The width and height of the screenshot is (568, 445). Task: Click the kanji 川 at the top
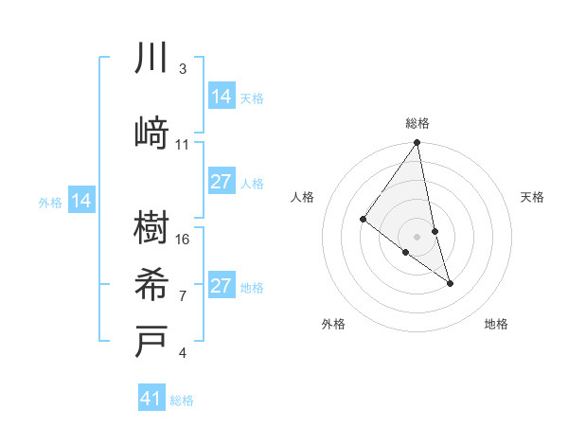(151, 60)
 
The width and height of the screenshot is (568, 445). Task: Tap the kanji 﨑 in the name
(151, 133)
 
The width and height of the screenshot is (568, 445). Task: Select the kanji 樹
(151, 227)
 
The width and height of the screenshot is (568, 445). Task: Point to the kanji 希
(151, 284)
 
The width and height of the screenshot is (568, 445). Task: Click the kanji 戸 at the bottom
(151, 341)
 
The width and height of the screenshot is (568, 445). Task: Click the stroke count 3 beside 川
(182, 69)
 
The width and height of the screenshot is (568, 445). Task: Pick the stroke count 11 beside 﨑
(182, 145)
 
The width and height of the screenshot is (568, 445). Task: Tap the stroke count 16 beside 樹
(183, 239)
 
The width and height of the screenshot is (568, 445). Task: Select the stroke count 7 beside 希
(182, 295)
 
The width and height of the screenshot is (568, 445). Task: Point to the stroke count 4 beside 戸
(182, 353)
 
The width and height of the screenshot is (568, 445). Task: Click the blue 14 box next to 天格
(222, 97)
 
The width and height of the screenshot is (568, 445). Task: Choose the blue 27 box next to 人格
(222, 182)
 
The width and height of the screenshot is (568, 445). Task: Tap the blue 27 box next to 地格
(222, 286)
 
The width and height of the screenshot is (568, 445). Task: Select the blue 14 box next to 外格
(81, 201)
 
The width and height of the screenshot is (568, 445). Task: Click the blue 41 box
(151, 399)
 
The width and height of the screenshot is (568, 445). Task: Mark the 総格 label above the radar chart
(417, 123)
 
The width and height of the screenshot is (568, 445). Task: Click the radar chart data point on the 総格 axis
(417, 143)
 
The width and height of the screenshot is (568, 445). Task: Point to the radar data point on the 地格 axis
(450, 282)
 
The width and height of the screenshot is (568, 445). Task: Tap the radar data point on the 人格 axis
(363, 220)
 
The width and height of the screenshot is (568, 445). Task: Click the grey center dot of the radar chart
(417, 236)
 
